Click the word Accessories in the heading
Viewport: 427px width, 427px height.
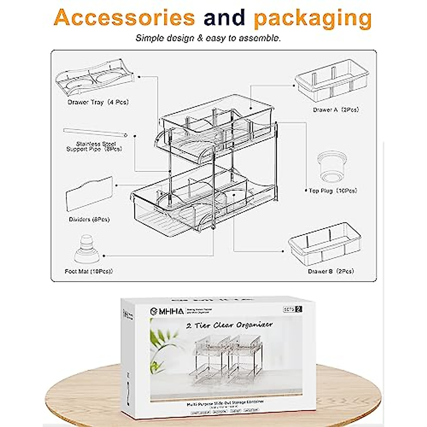click(124, 18)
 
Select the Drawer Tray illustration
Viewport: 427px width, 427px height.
click(94, 80)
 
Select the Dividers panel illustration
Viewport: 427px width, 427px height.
click(89, 194)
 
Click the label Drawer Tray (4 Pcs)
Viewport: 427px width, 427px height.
click(98, 102)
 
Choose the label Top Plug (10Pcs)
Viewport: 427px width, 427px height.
click(333, 191)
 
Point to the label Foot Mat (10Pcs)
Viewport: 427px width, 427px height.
click(89, 272)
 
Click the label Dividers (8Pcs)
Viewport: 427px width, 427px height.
click(89, 220)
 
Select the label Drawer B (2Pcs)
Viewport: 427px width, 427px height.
click(331, 272)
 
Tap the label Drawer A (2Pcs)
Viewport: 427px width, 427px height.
click(336, 110)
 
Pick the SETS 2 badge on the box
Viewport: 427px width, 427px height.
click(292, 309)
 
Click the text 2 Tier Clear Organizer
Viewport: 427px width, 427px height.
click(230, 325)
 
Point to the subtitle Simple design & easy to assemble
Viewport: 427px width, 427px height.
click(208, 38)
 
